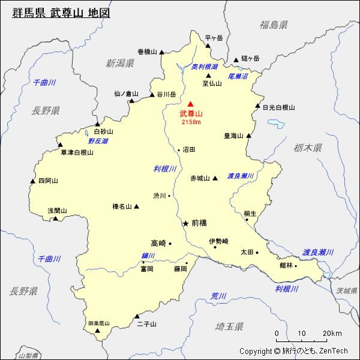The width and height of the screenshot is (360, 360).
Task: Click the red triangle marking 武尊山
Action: (x=191, y=104)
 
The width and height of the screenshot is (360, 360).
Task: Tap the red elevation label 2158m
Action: (x=191, y=122)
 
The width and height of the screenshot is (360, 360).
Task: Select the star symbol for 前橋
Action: (x=185, y=223)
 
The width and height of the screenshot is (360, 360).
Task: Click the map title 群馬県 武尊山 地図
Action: (x=61, y=13)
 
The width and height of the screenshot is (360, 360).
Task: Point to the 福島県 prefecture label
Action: (x=274, y=25)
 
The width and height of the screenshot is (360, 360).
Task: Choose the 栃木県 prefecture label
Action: (x=308, y=148)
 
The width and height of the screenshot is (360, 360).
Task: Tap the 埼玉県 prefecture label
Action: (x=229, y=326)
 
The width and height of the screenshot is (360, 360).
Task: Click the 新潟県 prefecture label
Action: (x=120, y=63)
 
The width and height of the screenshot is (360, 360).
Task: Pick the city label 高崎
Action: (x=158, y=243)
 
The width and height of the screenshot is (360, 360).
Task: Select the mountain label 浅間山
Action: (x=58, y=211)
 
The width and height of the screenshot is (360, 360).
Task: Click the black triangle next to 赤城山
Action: (x=215, y=178)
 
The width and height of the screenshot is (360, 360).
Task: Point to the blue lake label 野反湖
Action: (x=98, y=141)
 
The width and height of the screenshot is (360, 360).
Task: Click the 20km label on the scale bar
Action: (x=332, y=334)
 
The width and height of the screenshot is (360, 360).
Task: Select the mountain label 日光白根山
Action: (x=279, y=107)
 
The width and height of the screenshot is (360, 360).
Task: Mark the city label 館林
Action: (x=286, y=265)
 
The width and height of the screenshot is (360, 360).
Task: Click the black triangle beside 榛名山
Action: (x=137, y=206)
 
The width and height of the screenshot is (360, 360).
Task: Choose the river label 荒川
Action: (x=218, y=296)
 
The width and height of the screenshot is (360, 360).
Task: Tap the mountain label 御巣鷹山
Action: (x=99, y=323)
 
